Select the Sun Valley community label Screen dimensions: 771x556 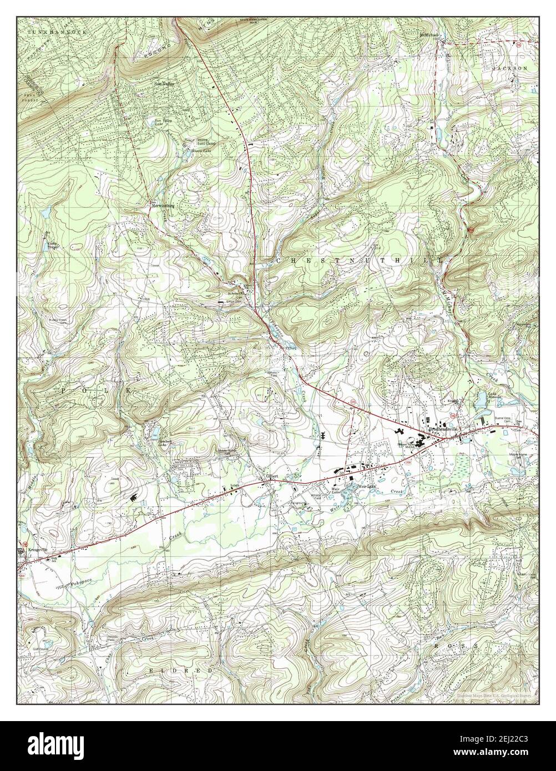(164, 84)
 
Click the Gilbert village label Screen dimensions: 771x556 (271, 476)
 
